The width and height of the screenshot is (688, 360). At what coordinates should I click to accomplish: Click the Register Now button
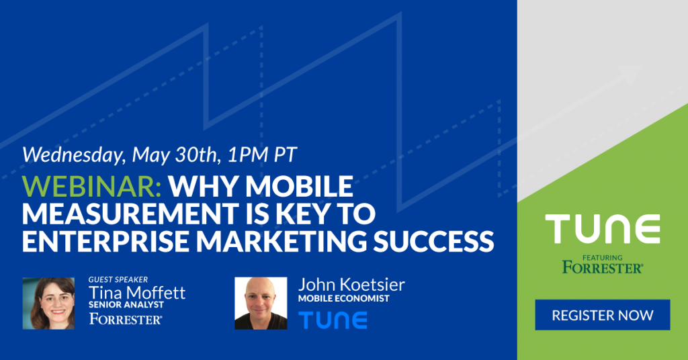point(603,315)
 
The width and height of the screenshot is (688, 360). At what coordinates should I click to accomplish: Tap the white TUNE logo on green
point(603,229)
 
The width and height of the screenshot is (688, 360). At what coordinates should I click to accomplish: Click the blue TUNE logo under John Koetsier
point(333,320)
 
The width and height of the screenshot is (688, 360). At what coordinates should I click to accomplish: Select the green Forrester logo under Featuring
point(603,267)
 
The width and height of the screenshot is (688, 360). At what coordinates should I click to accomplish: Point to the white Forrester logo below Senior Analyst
point(126,319)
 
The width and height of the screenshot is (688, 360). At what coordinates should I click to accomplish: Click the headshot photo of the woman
point(48,304)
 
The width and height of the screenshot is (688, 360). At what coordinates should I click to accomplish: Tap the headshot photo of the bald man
point(261,304)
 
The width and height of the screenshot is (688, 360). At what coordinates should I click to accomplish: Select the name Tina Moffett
point(137,292)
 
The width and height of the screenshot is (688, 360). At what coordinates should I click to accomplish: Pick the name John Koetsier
point(351,285)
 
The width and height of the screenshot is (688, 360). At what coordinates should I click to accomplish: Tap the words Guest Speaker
point(118,279)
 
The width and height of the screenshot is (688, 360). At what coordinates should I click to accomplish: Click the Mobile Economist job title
point(343,298)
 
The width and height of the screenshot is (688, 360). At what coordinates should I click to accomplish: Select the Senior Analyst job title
point(126,304)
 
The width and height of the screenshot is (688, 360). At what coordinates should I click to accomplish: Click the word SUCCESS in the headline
point(433,240)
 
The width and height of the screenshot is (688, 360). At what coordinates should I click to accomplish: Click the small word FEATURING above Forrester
point(603,257)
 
